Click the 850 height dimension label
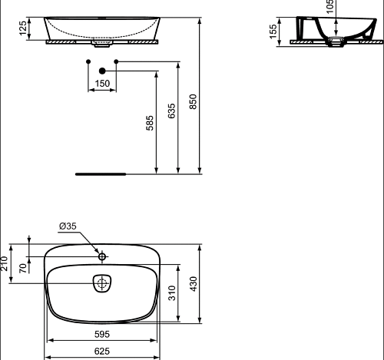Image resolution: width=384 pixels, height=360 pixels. (x=194, y=102)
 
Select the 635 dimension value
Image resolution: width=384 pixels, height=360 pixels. (x=172, y=111)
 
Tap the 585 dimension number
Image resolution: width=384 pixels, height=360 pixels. (x=150, y=123)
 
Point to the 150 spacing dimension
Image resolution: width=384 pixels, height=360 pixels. (x=102, y=84)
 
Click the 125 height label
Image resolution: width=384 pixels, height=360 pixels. (x=23, y=28)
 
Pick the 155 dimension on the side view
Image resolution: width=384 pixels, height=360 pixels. (x=273, y=31)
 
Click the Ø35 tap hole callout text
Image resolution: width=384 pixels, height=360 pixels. (x=68, y=226)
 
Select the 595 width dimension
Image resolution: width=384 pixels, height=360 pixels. (x=102, y=334)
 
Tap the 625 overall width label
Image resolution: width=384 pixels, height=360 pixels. (x=102, y=352)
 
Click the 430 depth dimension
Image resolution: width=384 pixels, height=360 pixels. (x=194, y=284)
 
